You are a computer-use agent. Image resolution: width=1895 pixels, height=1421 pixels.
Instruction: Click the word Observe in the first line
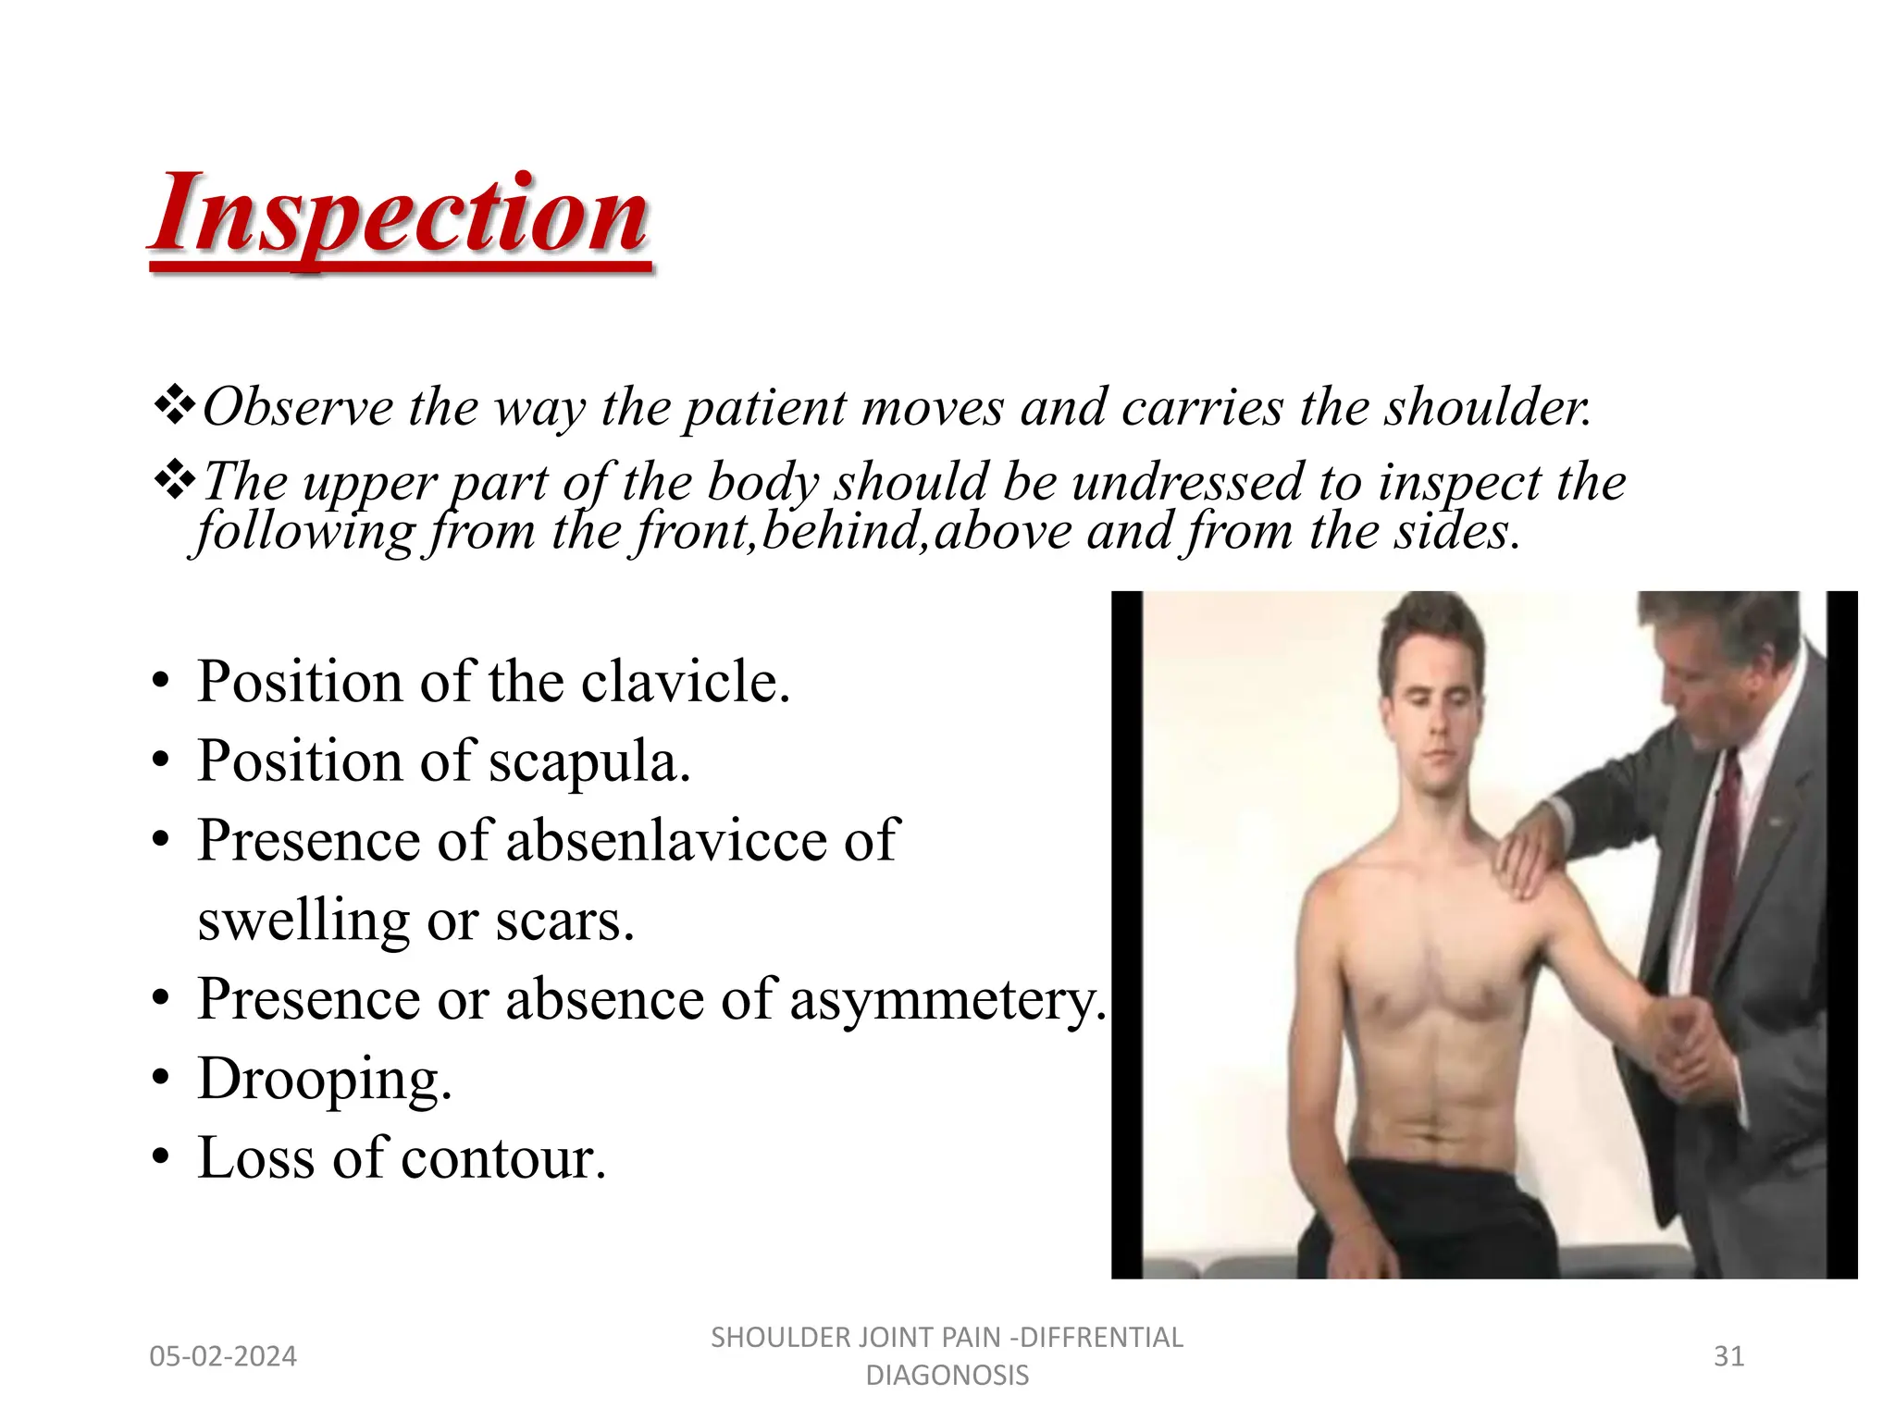297,407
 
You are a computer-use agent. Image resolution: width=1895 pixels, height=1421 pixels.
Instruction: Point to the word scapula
589,761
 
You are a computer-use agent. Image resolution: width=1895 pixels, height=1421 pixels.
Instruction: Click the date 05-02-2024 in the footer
223,1356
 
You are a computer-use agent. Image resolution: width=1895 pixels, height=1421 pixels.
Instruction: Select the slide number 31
1728,1356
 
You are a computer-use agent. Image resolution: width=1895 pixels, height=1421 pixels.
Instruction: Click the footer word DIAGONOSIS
947,1376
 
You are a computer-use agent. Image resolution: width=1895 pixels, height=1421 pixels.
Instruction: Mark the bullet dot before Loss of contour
162,1158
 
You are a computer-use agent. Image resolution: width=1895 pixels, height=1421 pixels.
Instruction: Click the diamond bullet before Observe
174,406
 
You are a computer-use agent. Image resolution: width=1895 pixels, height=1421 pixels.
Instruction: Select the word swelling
303,921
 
